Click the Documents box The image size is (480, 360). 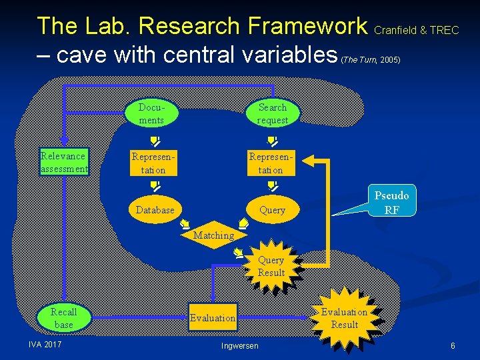pos(151,114)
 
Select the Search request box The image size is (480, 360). pos(273,114)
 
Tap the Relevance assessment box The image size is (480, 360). pos(64,162)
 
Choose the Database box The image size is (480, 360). pos(155,209)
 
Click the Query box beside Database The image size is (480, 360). pos(272,209)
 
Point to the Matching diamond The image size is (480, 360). pos(213,235)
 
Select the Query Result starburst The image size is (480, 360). pos(271,267)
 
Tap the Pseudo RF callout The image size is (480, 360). pos(391,201)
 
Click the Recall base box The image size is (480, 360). pos(64,318)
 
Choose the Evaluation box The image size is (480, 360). pos(213,318)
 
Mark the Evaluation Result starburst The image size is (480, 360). pos(344,318)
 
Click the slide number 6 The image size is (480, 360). pos(453,345)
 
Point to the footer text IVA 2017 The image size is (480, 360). pos(45,344)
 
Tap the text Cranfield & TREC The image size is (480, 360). pos(417,30)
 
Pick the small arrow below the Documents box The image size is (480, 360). pos(153,141)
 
